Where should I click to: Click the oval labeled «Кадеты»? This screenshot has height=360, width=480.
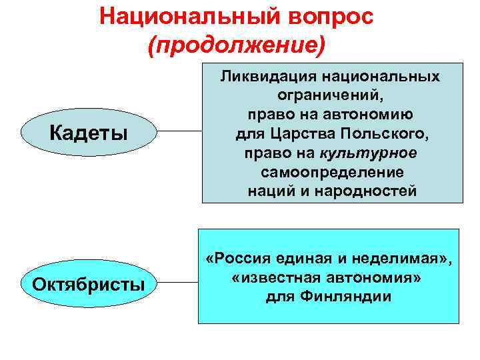coord(89,133)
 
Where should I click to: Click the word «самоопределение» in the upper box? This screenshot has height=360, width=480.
coord(331,173)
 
